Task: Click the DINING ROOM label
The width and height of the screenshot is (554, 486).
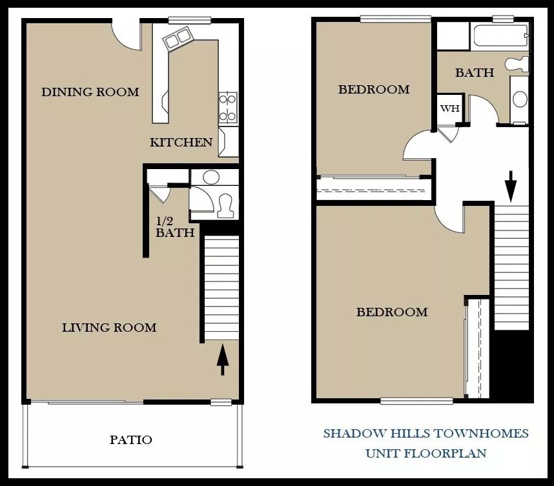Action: click(x=90, y=92)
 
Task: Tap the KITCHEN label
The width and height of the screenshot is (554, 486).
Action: click(x=181, y=142)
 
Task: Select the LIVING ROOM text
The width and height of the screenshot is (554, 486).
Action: click(x=109, y=327)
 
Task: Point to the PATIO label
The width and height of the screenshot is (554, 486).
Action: click(x=131, y=440)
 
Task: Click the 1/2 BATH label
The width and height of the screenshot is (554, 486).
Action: click(x=174, y=227)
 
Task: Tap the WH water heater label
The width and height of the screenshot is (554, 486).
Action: click(x=449, y=108)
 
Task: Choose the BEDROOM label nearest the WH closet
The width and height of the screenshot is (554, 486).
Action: click(x=374, y=90)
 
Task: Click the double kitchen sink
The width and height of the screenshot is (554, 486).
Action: click(x=178, y=38)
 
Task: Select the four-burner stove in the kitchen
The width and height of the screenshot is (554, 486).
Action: click(x=228, y=108)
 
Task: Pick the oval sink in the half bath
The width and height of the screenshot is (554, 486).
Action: click(x=210, y=177)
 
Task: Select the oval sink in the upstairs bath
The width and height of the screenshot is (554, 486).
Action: click(x=520, y=99)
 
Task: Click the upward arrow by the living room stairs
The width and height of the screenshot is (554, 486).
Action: click(x=222, y=359)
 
